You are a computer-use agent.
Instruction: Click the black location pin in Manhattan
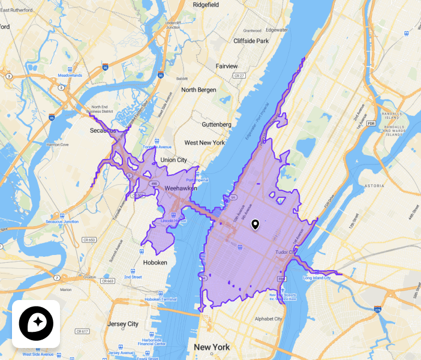255,224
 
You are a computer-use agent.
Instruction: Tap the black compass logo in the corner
36,323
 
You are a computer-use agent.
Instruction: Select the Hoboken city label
155,262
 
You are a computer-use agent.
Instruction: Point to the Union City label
173,160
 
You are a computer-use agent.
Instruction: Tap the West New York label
205,143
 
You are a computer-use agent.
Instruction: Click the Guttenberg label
216,124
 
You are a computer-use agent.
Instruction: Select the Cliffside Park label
251,41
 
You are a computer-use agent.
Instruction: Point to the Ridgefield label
207,5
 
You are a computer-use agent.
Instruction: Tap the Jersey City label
122,324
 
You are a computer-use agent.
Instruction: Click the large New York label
212,347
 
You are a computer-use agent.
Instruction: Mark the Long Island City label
317,278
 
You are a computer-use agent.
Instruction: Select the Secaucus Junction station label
62,221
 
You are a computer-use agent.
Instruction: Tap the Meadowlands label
70,76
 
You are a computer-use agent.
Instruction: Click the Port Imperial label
197,180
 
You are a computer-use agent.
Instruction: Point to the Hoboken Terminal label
161,299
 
